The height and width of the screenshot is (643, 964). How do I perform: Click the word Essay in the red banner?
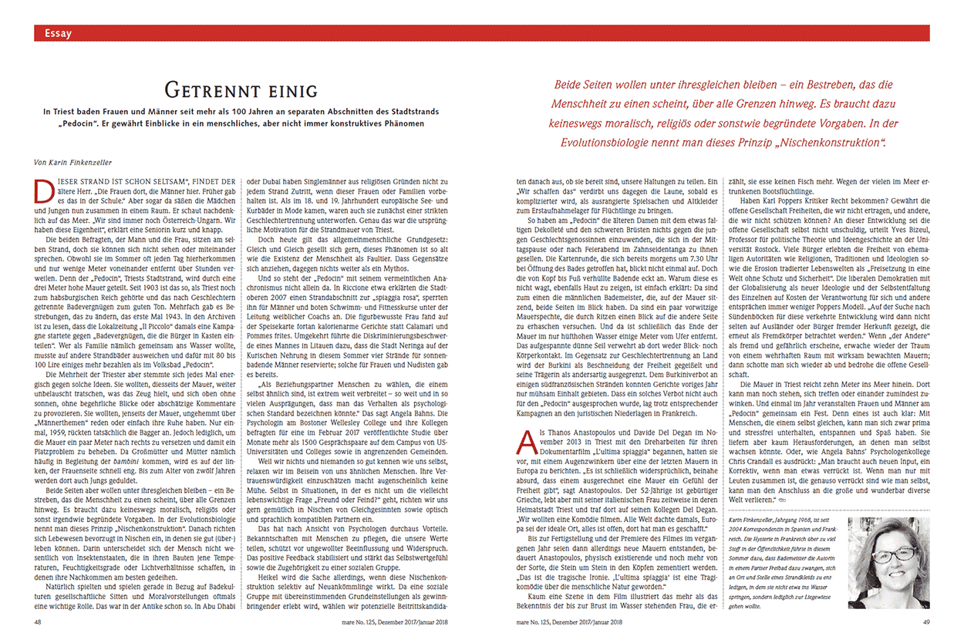59,33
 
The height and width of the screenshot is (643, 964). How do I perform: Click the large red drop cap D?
46,187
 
